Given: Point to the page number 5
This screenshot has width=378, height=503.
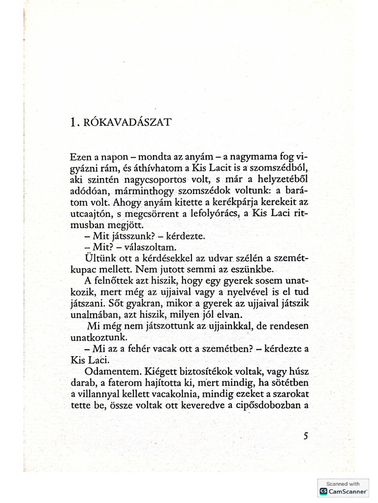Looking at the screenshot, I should click(306, 436).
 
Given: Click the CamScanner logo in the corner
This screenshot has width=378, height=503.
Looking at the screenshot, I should click(323, 491).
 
